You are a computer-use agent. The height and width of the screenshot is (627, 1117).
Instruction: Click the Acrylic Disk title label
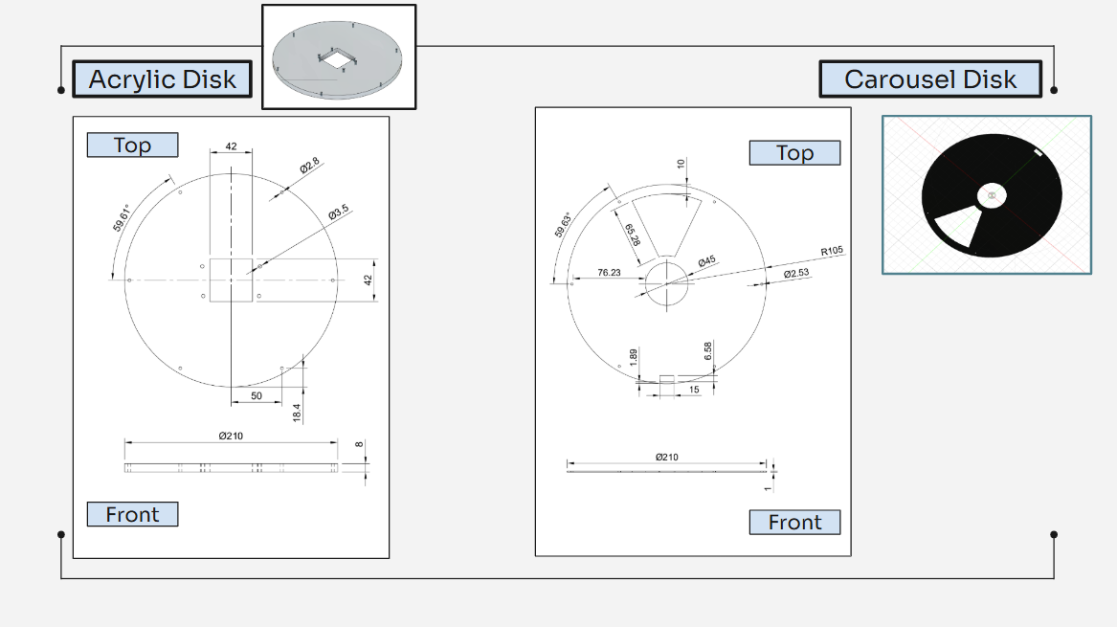[162, 79]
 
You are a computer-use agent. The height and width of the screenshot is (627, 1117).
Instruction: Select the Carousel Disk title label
[929, 79]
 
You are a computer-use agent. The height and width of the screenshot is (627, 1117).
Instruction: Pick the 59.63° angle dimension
[564, 224]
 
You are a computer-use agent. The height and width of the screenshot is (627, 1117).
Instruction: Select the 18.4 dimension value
[297, 413]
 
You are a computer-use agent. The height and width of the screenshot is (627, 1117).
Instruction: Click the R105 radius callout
[833, 252]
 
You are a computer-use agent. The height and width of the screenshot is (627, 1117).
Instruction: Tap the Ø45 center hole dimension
[707, 261]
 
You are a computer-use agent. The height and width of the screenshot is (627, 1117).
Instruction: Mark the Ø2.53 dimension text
[796, 274]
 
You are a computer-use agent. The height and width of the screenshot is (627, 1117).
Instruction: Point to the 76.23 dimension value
[609, 273]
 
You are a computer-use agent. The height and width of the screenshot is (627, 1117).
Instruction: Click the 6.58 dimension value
[707, 351]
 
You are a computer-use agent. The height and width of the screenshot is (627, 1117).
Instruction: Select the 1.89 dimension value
[634, 356]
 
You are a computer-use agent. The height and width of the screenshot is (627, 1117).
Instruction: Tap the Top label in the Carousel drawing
[793, 153]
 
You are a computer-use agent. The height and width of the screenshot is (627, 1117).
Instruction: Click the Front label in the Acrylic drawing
[132, 515]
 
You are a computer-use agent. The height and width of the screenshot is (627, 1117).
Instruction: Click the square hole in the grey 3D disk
[337, 59]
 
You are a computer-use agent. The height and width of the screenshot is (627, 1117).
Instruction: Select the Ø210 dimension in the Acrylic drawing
[230, 436]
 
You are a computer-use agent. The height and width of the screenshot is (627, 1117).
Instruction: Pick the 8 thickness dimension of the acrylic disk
[360, 445]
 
